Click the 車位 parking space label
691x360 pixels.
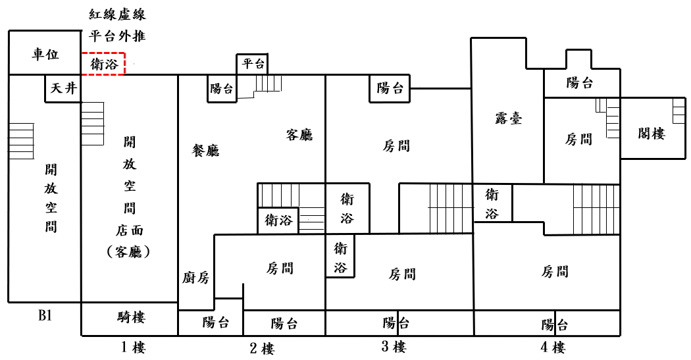click(45, 55)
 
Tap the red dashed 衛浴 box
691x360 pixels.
click(104, 64)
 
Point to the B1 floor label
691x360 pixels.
click(45, 316)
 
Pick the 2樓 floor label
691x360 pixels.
click(261, 348)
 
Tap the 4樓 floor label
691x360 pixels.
click(550, 347)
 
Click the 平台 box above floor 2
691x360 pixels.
click(253, 64)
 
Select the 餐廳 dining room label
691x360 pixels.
click(205, 151)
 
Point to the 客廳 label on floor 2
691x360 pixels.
click(299, 135)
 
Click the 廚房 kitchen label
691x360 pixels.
click(195, 278)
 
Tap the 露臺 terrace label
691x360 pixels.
click(509, 118)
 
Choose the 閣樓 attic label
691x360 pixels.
click(652, 133)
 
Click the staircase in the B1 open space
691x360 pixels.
click(21, 141)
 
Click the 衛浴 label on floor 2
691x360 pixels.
click(278, 220)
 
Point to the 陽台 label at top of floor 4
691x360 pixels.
click(580, 83)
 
